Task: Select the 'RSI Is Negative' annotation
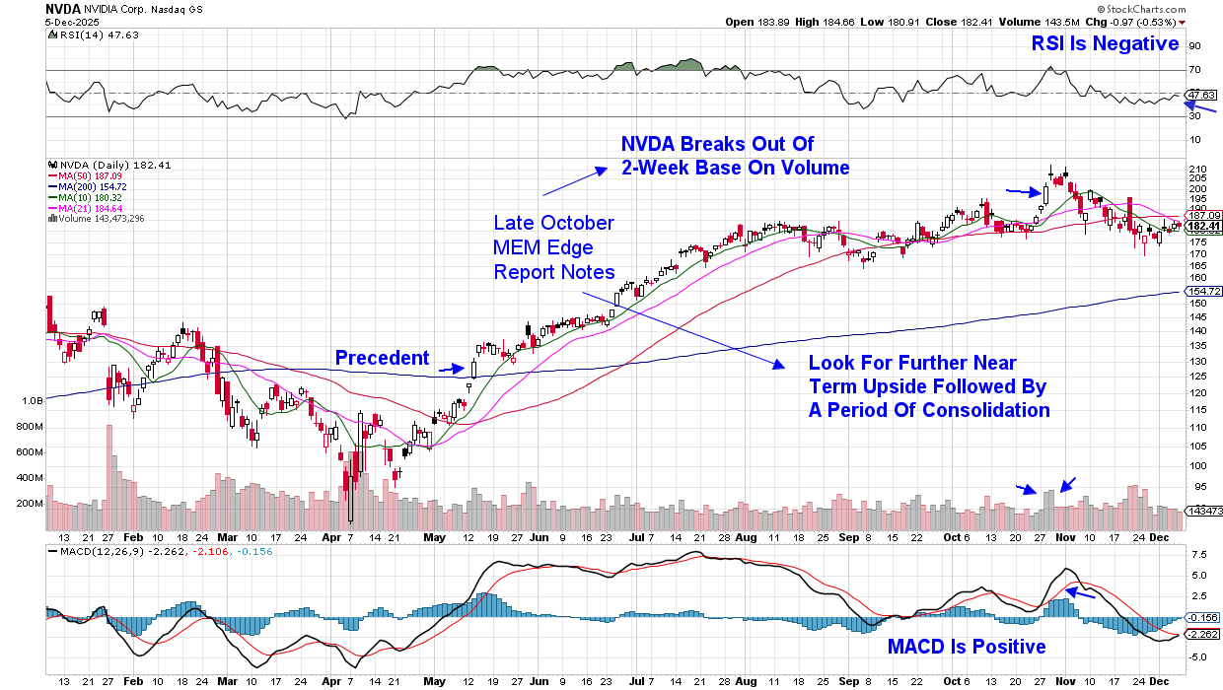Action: tap(1105, 43)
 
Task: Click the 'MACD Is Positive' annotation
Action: tap(967, 648)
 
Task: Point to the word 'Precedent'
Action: tap(382, 358)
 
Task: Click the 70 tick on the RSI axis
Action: tap(1193, 70)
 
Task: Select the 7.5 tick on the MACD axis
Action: tap(1195, 555)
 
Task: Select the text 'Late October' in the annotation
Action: tap(552, 223)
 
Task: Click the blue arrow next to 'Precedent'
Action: tap(452, 369)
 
